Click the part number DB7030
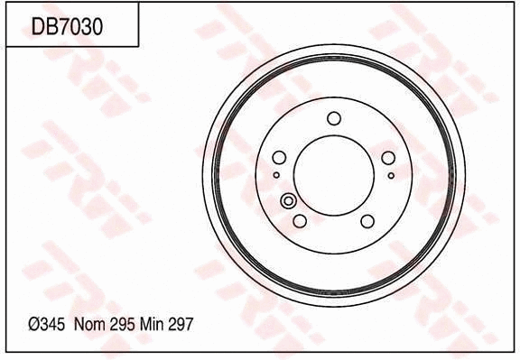tap(68, 27)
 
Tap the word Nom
tap(88, 323)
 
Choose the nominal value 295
tap(122, 323)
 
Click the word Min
tap(152, 323)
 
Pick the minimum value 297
tap(181, 323)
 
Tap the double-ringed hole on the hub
tap(289, 201)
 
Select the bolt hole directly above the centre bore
tap(333, 117)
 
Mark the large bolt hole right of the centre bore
tap(388, 158)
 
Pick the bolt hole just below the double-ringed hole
tap(300, 220)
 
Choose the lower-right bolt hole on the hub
tap(367, 220)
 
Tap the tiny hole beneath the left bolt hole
tap(276, 175)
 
